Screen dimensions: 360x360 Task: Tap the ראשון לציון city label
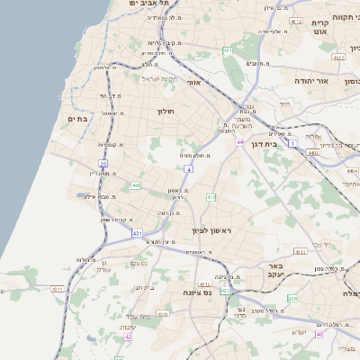(x=211, y=231)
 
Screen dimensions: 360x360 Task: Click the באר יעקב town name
(x=274, y=272)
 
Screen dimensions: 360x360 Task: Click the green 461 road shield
(x=229, y=50)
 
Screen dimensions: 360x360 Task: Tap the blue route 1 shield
(x=292, y=142)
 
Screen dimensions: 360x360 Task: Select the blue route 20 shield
(x=103, y=164)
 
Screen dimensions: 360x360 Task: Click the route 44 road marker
(x=240, y=142)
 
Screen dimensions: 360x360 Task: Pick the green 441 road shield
(x=136, y=185)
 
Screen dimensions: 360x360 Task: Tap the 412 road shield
(x=211, y=196)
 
